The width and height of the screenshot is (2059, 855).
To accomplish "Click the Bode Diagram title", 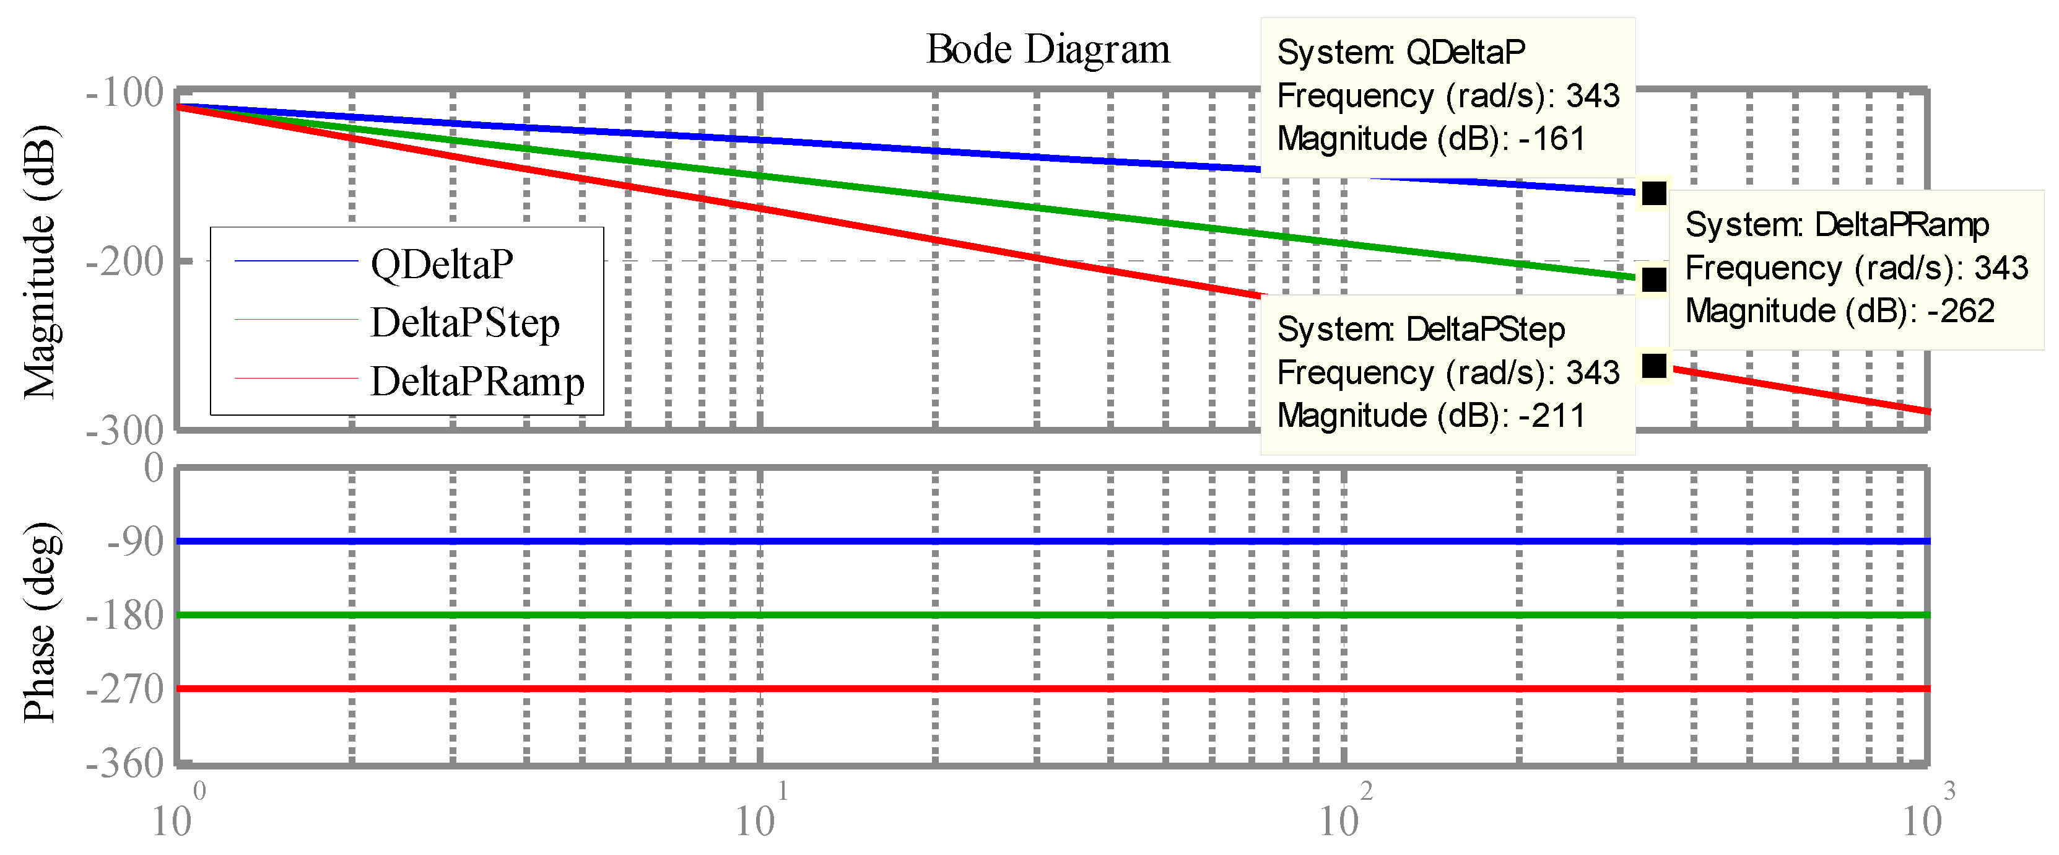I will pos(1047,50).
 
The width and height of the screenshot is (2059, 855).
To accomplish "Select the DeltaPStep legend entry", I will pos(464,323).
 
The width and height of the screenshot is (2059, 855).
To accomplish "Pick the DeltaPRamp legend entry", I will pos(477,382).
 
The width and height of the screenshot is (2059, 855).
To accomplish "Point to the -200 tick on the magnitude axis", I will pos(124,261).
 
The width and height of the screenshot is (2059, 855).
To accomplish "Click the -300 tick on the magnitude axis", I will pos(124,431).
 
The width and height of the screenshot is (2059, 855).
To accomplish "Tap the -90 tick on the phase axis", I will pos(135,541).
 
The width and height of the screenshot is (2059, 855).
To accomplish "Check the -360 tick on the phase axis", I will pos(124,764).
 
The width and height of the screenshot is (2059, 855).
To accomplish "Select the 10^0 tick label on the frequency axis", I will pos(178,817).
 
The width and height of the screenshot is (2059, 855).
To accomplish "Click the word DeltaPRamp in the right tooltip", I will pos(1902,225).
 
